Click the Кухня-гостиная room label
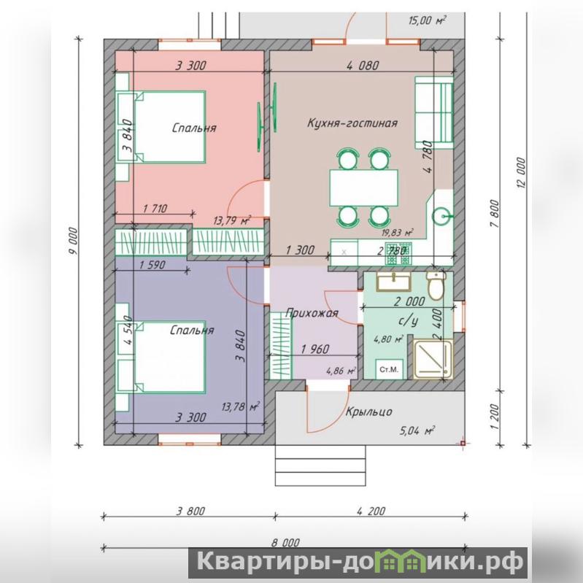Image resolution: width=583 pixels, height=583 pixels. click(352, 123)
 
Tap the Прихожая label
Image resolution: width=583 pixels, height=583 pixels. click(312, 313)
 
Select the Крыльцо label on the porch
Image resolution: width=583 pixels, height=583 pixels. click(368, 412)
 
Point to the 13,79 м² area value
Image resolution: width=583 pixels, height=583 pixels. click(231, 220)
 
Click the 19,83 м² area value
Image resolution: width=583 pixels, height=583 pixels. click(398, 233)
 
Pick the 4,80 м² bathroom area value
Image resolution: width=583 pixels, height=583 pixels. click(388, 339)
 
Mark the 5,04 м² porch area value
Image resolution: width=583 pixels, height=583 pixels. click(417, 431)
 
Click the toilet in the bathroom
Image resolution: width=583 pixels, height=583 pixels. click(436, 285)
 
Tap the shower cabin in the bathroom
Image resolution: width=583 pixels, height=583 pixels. click(433, 359)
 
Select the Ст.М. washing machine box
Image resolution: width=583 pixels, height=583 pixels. click(389, 369)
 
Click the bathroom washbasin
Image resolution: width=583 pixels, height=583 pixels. click(394, 282)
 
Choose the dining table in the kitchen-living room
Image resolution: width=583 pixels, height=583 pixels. click(363, 188)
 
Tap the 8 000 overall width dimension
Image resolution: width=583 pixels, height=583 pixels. click(285, 542)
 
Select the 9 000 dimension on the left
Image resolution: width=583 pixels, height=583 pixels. click(74, 241)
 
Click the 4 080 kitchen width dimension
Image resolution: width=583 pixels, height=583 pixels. click(363, 66)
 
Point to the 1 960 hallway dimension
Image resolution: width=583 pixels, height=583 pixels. click(315, 349)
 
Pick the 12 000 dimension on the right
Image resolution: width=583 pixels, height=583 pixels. click(521, 173)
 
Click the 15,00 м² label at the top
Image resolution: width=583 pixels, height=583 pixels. click(427, 20)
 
